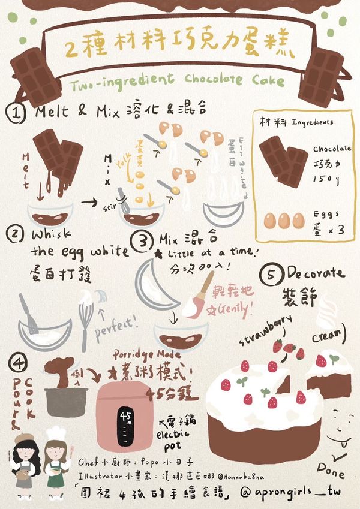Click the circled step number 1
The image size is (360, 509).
pos(16,112)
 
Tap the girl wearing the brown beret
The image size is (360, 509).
pos(23,462)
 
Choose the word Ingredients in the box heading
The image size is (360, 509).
pos(312,122)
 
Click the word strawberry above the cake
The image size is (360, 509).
pos(267,329)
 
